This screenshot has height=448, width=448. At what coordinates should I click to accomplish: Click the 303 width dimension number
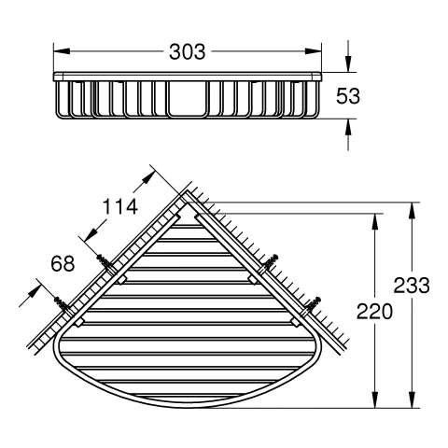point(188,51)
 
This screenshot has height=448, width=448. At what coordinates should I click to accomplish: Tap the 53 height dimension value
point(348,96)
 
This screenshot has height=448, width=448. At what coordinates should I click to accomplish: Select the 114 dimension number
point(120,206)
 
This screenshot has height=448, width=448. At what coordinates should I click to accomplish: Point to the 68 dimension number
point(63,263)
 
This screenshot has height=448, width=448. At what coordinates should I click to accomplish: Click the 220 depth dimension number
point(374,312)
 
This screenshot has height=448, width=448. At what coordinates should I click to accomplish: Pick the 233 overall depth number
point(412,286)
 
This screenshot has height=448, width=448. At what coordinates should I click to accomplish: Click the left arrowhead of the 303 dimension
point(62,51)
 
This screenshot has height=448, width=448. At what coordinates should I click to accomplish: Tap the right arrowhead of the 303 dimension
point(313,51)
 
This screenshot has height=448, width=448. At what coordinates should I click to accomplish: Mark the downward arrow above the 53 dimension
point(348,57)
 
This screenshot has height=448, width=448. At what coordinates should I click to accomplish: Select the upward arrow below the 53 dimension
point(348,134)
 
